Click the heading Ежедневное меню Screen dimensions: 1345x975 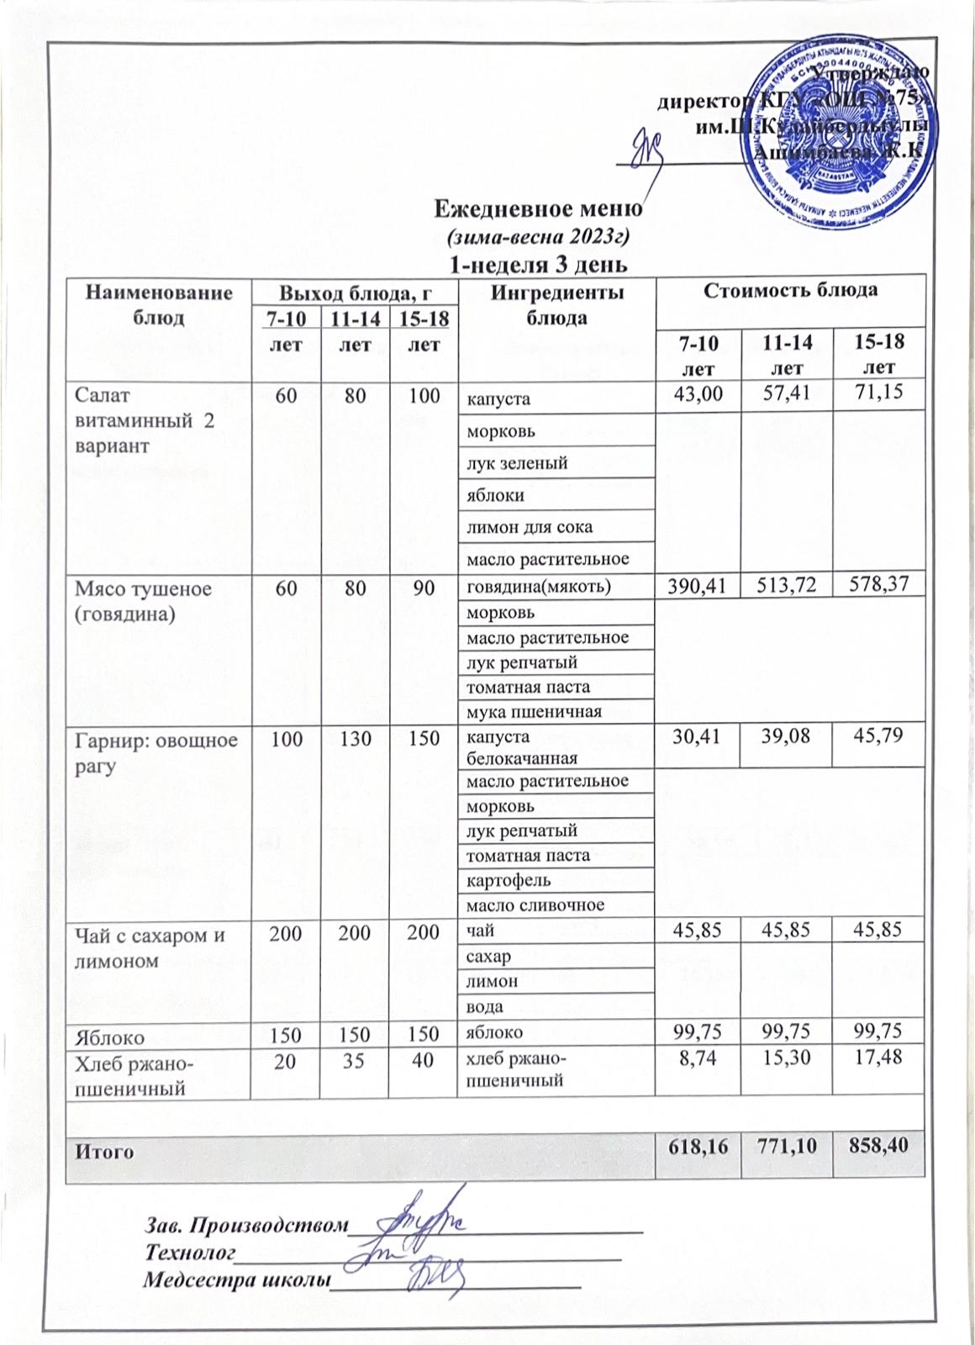(x=538, y=207)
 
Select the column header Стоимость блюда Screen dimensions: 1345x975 (x=790, y=290)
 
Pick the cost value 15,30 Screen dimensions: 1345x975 (x=785, y=1061)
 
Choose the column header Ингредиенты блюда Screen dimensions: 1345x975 (x=556, y=304)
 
